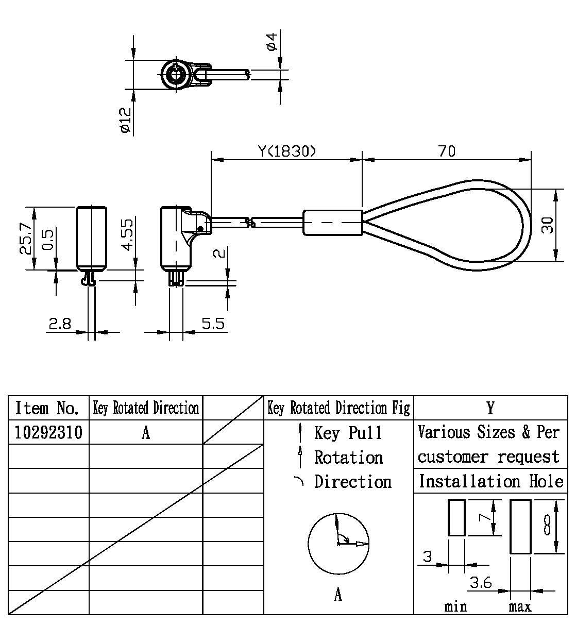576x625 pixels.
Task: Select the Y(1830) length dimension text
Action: pos(287,151)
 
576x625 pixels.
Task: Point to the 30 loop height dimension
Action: pos(547,225)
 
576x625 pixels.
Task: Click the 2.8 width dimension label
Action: pos(59,324)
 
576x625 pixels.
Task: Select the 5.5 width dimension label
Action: pos(213,324)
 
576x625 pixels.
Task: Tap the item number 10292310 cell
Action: pos(48,432)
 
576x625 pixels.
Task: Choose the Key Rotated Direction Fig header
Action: pos(338,408)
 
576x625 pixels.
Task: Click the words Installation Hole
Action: pos(490,481)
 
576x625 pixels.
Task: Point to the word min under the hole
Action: pos(455,606)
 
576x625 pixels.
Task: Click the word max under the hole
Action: pos(520,606)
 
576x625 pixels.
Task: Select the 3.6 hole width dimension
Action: pos(480,583)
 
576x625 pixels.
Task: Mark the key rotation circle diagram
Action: pos(338,543)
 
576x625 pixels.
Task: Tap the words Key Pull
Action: pos(348,433)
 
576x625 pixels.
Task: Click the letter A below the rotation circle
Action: pos(338,595)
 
